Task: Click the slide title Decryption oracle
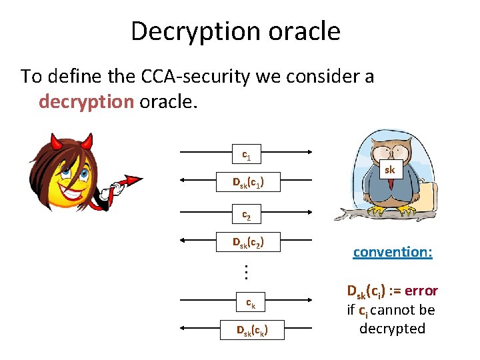(235, 31)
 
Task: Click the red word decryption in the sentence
(87, 102)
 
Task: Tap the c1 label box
(247, 156)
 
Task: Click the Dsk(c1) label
(247, 181)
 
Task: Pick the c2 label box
(247, 215)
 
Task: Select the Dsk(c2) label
(247, 242)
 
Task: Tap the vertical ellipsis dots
(246, 273)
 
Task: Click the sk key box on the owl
(390, 170)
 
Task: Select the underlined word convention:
(393, 252)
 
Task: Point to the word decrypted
(392, 329)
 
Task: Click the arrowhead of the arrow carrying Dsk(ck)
(182, 329)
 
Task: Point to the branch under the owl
(373, 215)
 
